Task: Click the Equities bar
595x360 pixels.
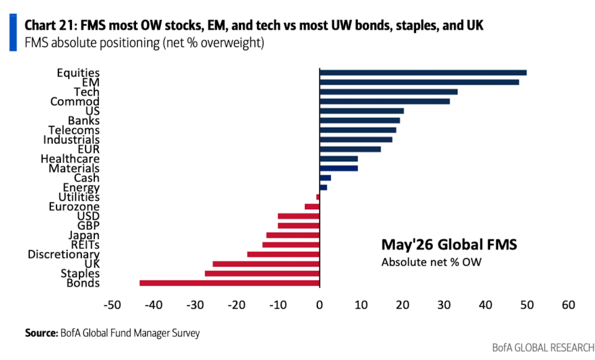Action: click(x=423, y=73)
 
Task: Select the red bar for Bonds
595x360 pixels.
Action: click(x=230, y=283)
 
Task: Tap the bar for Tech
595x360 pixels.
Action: click(x=389, y=92)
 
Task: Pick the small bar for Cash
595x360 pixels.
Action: click(x=325, y=178)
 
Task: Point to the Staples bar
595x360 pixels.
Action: click(x=262, y=274)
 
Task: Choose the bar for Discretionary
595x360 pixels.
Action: click(x=283, y=254)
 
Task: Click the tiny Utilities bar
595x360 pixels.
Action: click(x=318, y=197)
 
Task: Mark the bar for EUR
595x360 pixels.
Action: click(x=350, y=149)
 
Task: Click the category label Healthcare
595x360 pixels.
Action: click(x=70, y=158)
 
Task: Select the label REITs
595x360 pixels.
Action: click(x=85, y=245)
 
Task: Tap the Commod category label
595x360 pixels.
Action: click(x=75, y=101)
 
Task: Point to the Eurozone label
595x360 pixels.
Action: click(x=74, y=206)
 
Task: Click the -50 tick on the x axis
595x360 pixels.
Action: click(x=112, y=305)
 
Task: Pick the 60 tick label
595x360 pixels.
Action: click(x=568, y=305)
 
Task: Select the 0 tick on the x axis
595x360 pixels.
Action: click(x=319, y=305)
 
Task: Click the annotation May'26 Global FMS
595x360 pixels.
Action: click(x=449, y=245)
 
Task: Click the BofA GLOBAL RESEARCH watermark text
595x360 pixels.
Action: click(x=543, y=348)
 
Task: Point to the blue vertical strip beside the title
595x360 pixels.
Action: click(x=13, y=32)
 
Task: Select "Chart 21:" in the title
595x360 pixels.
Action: click(x=50, y=25)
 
